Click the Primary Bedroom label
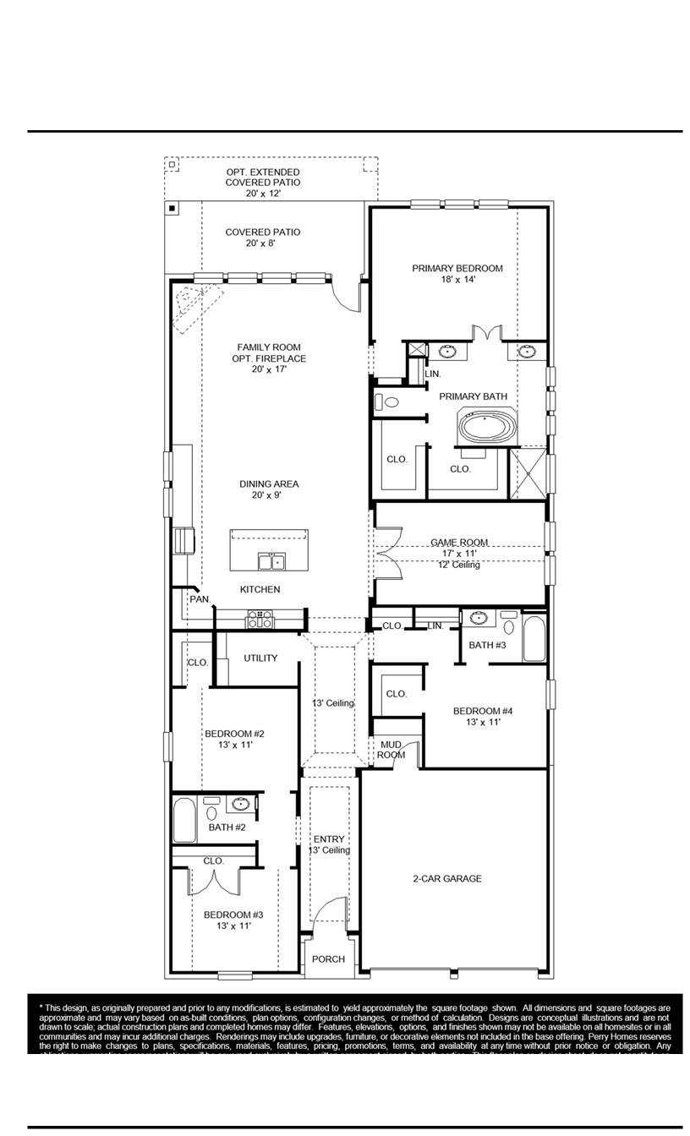pos(457,269)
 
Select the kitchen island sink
pos(271,562)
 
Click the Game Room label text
pos(459,543)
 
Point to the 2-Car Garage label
pos(446,879)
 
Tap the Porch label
pos(328,959)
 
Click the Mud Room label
pos(392,750)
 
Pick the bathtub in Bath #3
pos(534,640)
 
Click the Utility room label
pos(260,658)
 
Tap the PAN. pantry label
pos(200,599)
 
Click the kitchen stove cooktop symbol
pos(260,620)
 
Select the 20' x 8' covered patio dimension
pos(261,243)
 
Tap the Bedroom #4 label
pos(483,711)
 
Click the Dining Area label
pos(269,484)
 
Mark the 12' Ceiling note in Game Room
pos(458,565)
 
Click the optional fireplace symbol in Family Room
pos(194,304)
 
